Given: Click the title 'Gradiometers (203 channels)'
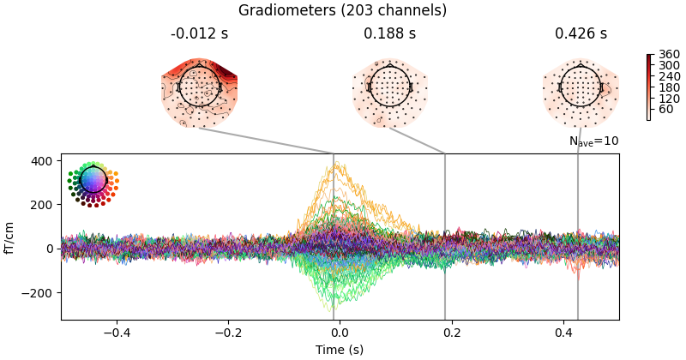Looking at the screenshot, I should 342,10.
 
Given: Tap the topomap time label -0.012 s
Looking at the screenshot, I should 199,34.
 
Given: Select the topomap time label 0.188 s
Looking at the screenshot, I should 389,34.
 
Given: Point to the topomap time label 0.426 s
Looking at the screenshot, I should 581,34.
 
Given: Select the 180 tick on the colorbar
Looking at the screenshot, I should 664,87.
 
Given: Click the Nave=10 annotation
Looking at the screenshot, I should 593,141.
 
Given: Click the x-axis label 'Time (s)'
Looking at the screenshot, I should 340,350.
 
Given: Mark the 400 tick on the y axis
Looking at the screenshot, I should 42,161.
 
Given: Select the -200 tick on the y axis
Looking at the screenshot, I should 39,293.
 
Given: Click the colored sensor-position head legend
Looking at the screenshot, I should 93,181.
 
